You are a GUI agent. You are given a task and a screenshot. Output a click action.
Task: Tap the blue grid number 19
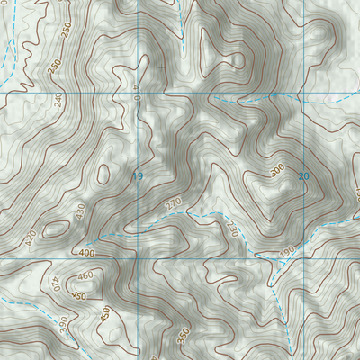click(138, 176)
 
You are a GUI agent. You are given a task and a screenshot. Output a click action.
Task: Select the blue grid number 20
click(302, 176)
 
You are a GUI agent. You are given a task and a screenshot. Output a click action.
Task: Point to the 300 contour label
click(276, 169)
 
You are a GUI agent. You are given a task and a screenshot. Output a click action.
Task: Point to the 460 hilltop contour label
click(85, 276)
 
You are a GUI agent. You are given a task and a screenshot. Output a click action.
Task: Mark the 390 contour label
click(63, 324)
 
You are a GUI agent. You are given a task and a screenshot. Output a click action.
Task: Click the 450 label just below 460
click(79, 296)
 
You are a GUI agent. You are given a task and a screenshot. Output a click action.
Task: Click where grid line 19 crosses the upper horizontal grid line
click(138, 93)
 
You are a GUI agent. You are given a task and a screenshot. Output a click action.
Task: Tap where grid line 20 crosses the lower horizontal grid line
click(304, 258)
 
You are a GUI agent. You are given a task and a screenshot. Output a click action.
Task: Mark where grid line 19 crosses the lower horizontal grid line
click(138, 258)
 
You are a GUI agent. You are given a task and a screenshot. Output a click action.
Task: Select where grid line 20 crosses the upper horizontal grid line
click(304, 93)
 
